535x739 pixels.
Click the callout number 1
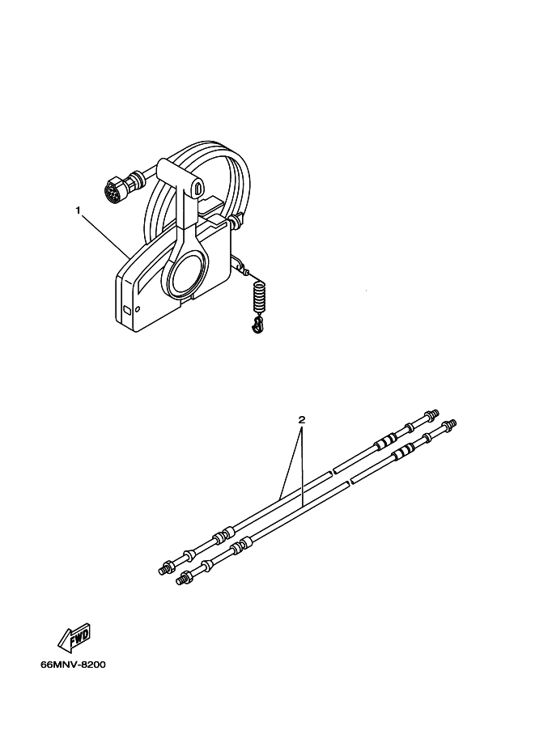pos(79,210)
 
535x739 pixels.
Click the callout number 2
pos(302,419)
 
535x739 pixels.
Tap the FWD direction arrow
pos(74,638)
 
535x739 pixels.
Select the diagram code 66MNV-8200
pos(73,665)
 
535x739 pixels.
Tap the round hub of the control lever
pos(187,277)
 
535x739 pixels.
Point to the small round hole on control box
pos(137,309)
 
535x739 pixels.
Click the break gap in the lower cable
pos(350,482)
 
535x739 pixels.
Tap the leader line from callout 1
pos(108,237)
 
